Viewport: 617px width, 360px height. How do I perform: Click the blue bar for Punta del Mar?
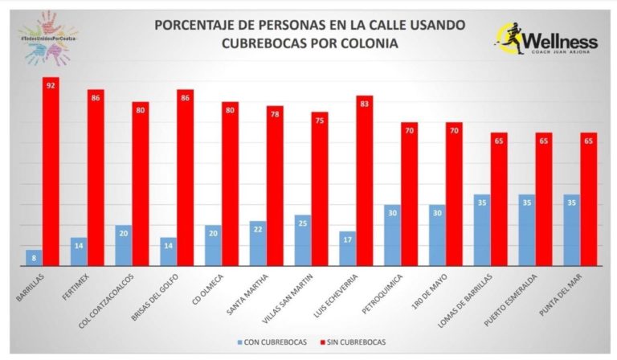click(x=572, y=230)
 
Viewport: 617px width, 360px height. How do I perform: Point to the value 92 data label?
click(x=51, y=84)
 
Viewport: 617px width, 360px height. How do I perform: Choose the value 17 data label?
click(x=348, y=239)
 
